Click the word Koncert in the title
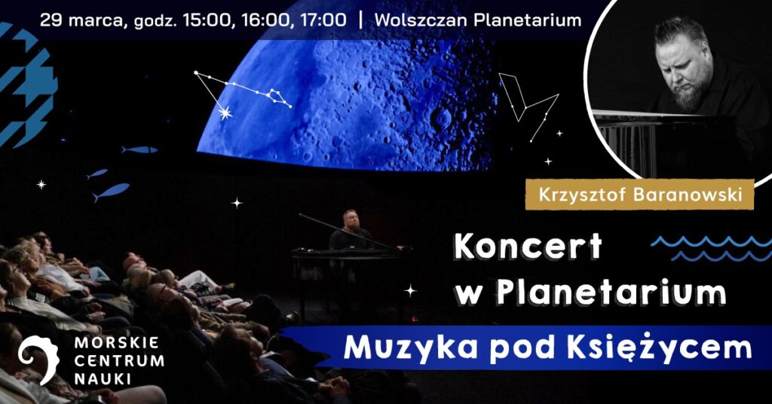click(x=528, y=246)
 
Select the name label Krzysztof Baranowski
click(x=640, y=194)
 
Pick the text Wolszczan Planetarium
click(x=477, y=20)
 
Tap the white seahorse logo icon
click(x=38, y=360)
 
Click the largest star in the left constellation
click(x=225, y=113)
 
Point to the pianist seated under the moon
click(x=350, y=231)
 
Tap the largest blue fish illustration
click(x=111, y=191)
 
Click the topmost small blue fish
click(x=139, y=149)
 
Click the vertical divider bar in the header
click(x=362, y=20)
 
